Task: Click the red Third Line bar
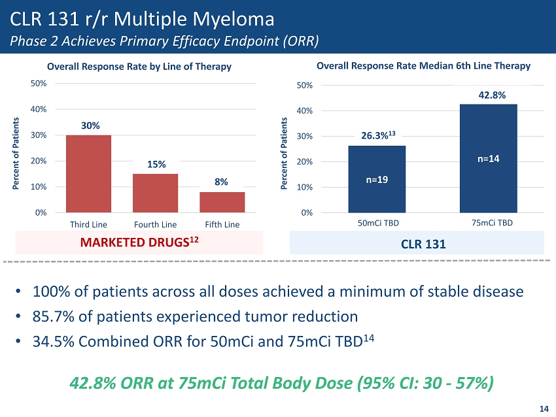click(x=88, y=173)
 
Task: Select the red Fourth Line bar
click(x=155, y=193)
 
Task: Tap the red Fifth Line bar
click(x=222, y=202)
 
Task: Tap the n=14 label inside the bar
click(x=489, y=158)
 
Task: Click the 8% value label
click(x=221, y=182)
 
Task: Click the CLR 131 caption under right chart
click(x=417, y=245)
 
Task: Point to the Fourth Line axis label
click(x=155, y=225)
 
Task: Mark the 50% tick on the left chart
click(x=39, y=84)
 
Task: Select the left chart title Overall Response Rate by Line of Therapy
click(x=139, y=67)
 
